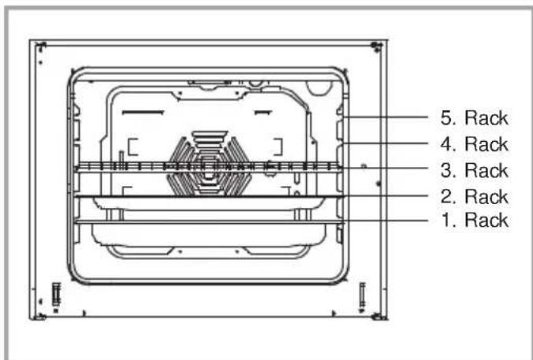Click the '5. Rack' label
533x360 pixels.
coord(474,118)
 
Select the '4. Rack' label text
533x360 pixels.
coord(474,144)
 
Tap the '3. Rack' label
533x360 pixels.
coord(474,170)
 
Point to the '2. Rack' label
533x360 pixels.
coord(474,197)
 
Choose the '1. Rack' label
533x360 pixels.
coord(474,220)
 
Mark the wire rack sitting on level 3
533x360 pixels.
coord(209,167)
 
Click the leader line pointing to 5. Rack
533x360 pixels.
coord(386,117)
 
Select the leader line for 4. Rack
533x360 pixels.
coord(386,143)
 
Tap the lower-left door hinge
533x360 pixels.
coord(56,295)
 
